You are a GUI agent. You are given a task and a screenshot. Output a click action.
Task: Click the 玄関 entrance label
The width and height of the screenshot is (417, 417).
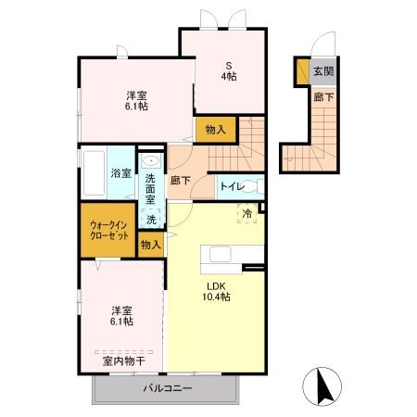click(x=322, y=70)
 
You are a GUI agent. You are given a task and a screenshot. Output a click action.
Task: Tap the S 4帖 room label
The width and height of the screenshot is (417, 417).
click(x=227, y=70)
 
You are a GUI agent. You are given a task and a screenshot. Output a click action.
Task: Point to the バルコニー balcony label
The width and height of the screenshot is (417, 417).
click(x=167, y=388)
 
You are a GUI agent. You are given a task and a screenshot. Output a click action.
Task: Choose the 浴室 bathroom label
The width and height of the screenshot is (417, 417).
click(x=120, y=173)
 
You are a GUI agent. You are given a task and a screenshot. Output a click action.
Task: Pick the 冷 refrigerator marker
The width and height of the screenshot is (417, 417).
click(x=247, y=212)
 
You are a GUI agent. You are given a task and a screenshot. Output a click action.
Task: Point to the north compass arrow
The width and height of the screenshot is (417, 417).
click(x=321, y=384)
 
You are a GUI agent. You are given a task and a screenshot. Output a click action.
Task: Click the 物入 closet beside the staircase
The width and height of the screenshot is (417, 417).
click(x=215, y=129)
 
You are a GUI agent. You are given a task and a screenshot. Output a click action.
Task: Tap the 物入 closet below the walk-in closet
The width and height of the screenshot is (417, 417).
click(x=150, y=245)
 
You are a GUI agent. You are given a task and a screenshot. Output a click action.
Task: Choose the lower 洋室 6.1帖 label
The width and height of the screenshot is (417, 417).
click(x=121, y=315)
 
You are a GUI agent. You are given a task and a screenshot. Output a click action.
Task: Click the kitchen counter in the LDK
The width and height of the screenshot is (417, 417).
click(x=226, y=256)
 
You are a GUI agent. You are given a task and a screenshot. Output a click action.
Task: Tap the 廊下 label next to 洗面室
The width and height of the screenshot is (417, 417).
click(x=180, y=181)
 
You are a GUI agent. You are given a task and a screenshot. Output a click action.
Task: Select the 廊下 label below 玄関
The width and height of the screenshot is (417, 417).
click(x=323, y=96)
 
